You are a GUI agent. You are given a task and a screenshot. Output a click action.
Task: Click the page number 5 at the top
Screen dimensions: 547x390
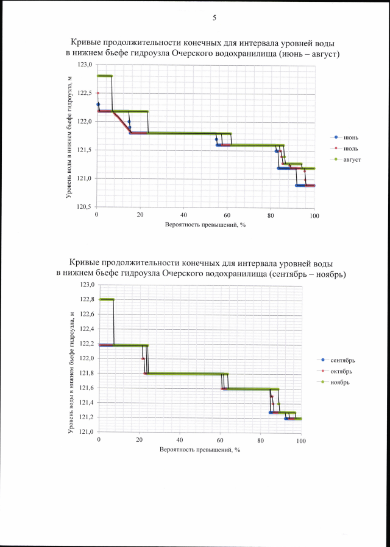point(214,18)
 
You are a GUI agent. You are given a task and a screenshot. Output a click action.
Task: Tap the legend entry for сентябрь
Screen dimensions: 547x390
point(346,360)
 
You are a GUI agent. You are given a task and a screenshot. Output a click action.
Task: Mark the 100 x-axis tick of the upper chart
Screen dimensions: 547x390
point(314,215)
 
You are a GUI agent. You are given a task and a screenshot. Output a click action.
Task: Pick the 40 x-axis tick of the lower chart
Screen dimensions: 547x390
point(179,440)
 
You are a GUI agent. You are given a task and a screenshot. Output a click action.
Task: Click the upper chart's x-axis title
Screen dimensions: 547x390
point(205,225)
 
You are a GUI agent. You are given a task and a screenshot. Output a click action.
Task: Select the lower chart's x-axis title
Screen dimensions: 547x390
point(200,450)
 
